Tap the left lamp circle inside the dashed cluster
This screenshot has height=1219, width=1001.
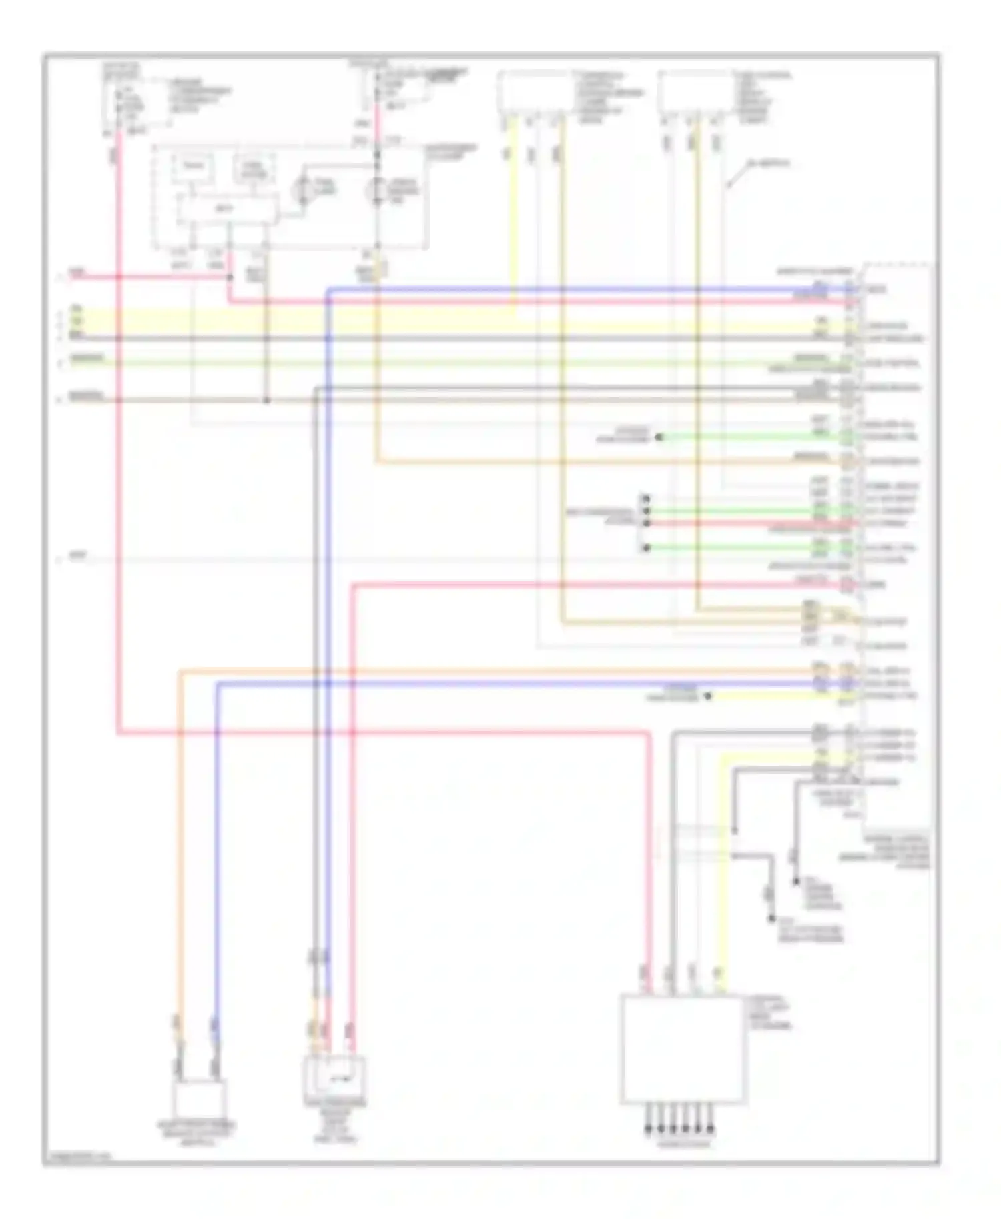(x=306, y=189)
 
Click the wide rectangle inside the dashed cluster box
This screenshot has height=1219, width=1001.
(x=226, y=209)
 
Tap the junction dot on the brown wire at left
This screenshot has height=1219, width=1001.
(x=266, y=400)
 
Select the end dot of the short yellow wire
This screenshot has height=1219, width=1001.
(x=708, y=696)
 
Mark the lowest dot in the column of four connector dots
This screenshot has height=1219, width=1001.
(x=645, y=548)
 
